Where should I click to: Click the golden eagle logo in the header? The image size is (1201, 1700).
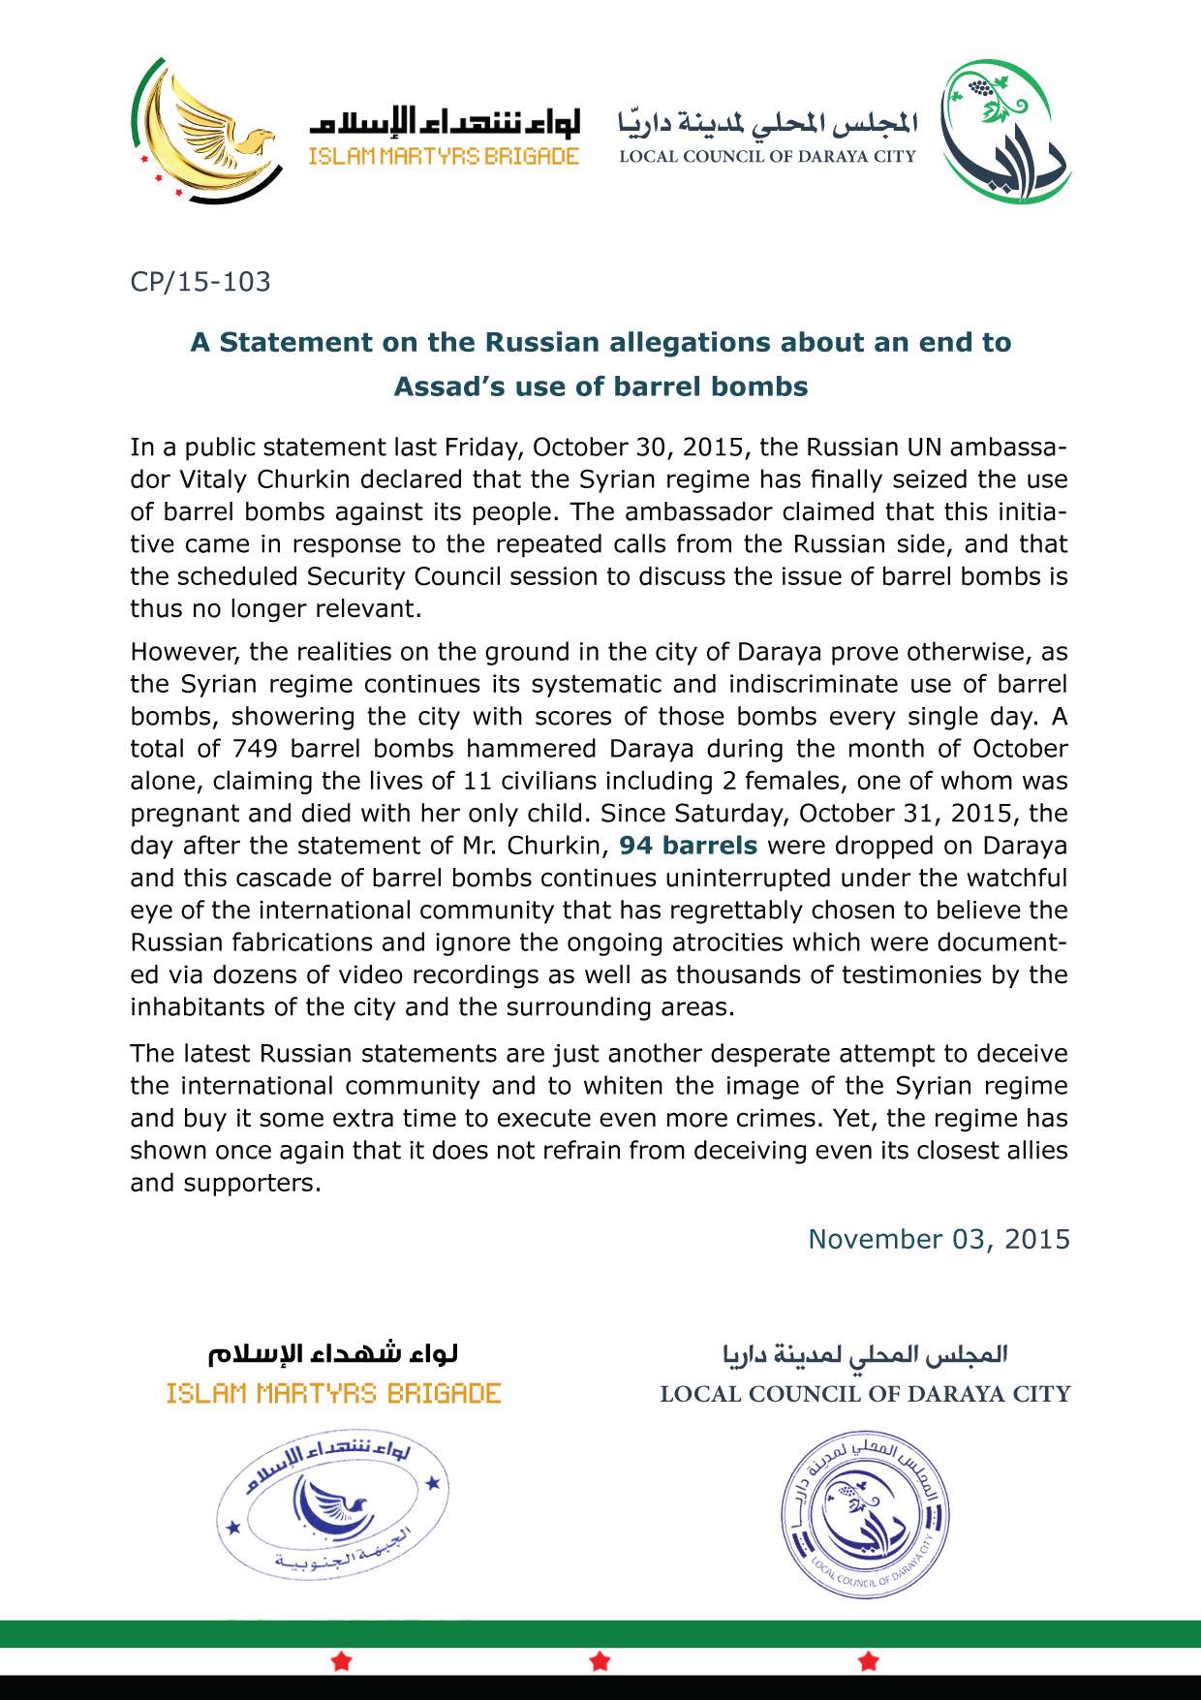click(x=205, y=129)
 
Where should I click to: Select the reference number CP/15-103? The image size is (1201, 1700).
click(x=200, y=283)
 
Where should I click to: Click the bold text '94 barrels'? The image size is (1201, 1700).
click(x=689, y=846)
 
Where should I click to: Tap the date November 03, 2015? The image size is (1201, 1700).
click(x=939, y=1239)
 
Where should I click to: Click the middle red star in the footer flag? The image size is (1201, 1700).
click(x=600, y=1662)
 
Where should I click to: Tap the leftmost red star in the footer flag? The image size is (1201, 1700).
click(x=341, y=1662)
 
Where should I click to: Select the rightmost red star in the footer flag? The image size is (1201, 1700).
click(x=869, y=1662)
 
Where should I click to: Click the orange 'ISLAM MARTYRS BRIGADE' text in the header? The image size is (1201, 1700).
click(x=444, y=157)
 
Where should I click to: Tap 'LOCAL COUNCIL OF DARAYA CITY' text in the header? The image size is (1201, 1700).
click(x=767, y=157)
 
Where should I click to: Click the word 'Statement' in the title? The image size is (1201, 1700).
click(x=282, y=343)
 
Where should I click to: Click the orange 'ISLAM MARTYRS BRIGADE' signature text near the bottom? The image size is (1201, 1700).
click(x=333, y=1394)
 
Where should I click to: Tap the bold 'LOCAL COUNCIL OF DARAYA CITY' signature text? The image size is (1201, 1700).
click(x=865, y=1395)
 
